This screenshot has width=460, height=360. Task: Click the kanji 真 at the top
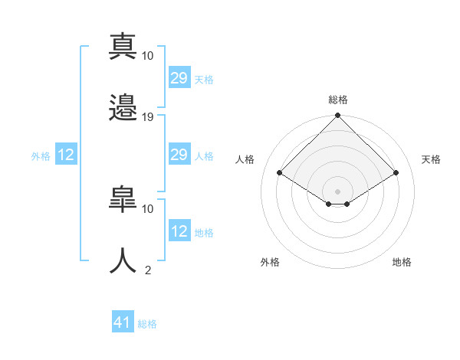point(123,46)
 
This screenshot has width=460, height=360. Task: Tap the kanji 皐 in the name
point(123,199)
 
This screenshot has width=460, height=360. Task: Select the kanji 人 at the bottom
point(123,260)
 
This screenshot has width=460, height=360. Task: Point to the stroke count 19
point(147,117)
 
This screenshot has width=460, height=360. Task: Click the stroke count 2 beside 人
point(148,270)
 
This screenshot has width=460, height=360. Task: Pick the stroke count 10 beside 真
point(147,56)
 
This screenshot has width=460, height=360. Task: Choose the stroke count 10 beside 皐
point(147,209)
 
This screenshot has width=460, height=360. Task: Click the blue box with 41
point(123,321)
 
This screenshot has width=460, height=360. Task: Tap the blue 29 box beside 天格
point(180,77)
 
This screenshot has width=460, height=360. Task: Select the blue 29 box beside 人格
point(180,154)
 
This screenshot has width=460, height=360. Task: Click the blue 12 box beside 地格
point(180,230)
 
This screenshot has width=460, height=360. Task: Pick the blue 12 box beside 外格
point(66,154)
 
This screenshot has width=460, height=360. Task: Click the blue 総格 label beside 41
point(147,324)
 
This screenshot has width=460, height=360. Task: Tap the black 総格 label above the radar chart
point(338,100)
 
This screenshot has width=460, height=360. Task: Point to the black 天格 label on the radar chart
point(431,159)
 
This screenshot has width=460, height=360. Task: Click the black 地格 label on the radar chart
point(402,262)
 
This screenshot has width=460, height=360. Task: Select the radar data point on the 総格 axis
point(337,115)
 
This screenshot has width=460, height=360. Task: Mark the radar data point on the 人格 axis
point(280,172)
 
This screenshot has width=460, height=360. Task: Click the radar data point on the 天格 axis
point(396,172)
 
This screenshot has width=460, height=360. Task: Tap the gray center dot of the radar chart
point(337,191)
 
